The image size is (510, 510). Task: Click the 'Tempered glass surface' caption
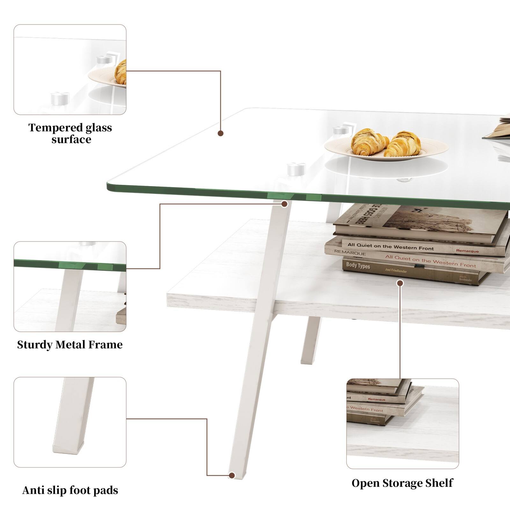pyautogui.click(x=70, y=133)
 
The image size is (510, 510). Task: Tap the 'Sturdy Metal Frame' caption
pyautogui.click(x=70, y=345)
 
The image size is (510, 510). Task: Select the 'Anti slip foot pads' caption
pyautogui.click(x=70, y=490)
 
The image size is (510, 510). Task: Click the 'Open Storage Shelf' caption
pyautogui.click(x=402, y=483)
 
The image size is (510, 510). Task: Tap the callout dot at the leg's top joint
pyautogui.click(x=284, y=204)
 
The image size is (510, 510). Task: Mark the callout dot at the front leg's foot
pyautogui.click(x=232, y=475)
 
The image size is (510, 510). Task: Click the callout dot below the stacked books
pyautogui.click(x=400, y=283)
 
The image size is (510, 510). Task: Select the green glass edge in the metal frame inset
pyautogui.click(x=70, y=264)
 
